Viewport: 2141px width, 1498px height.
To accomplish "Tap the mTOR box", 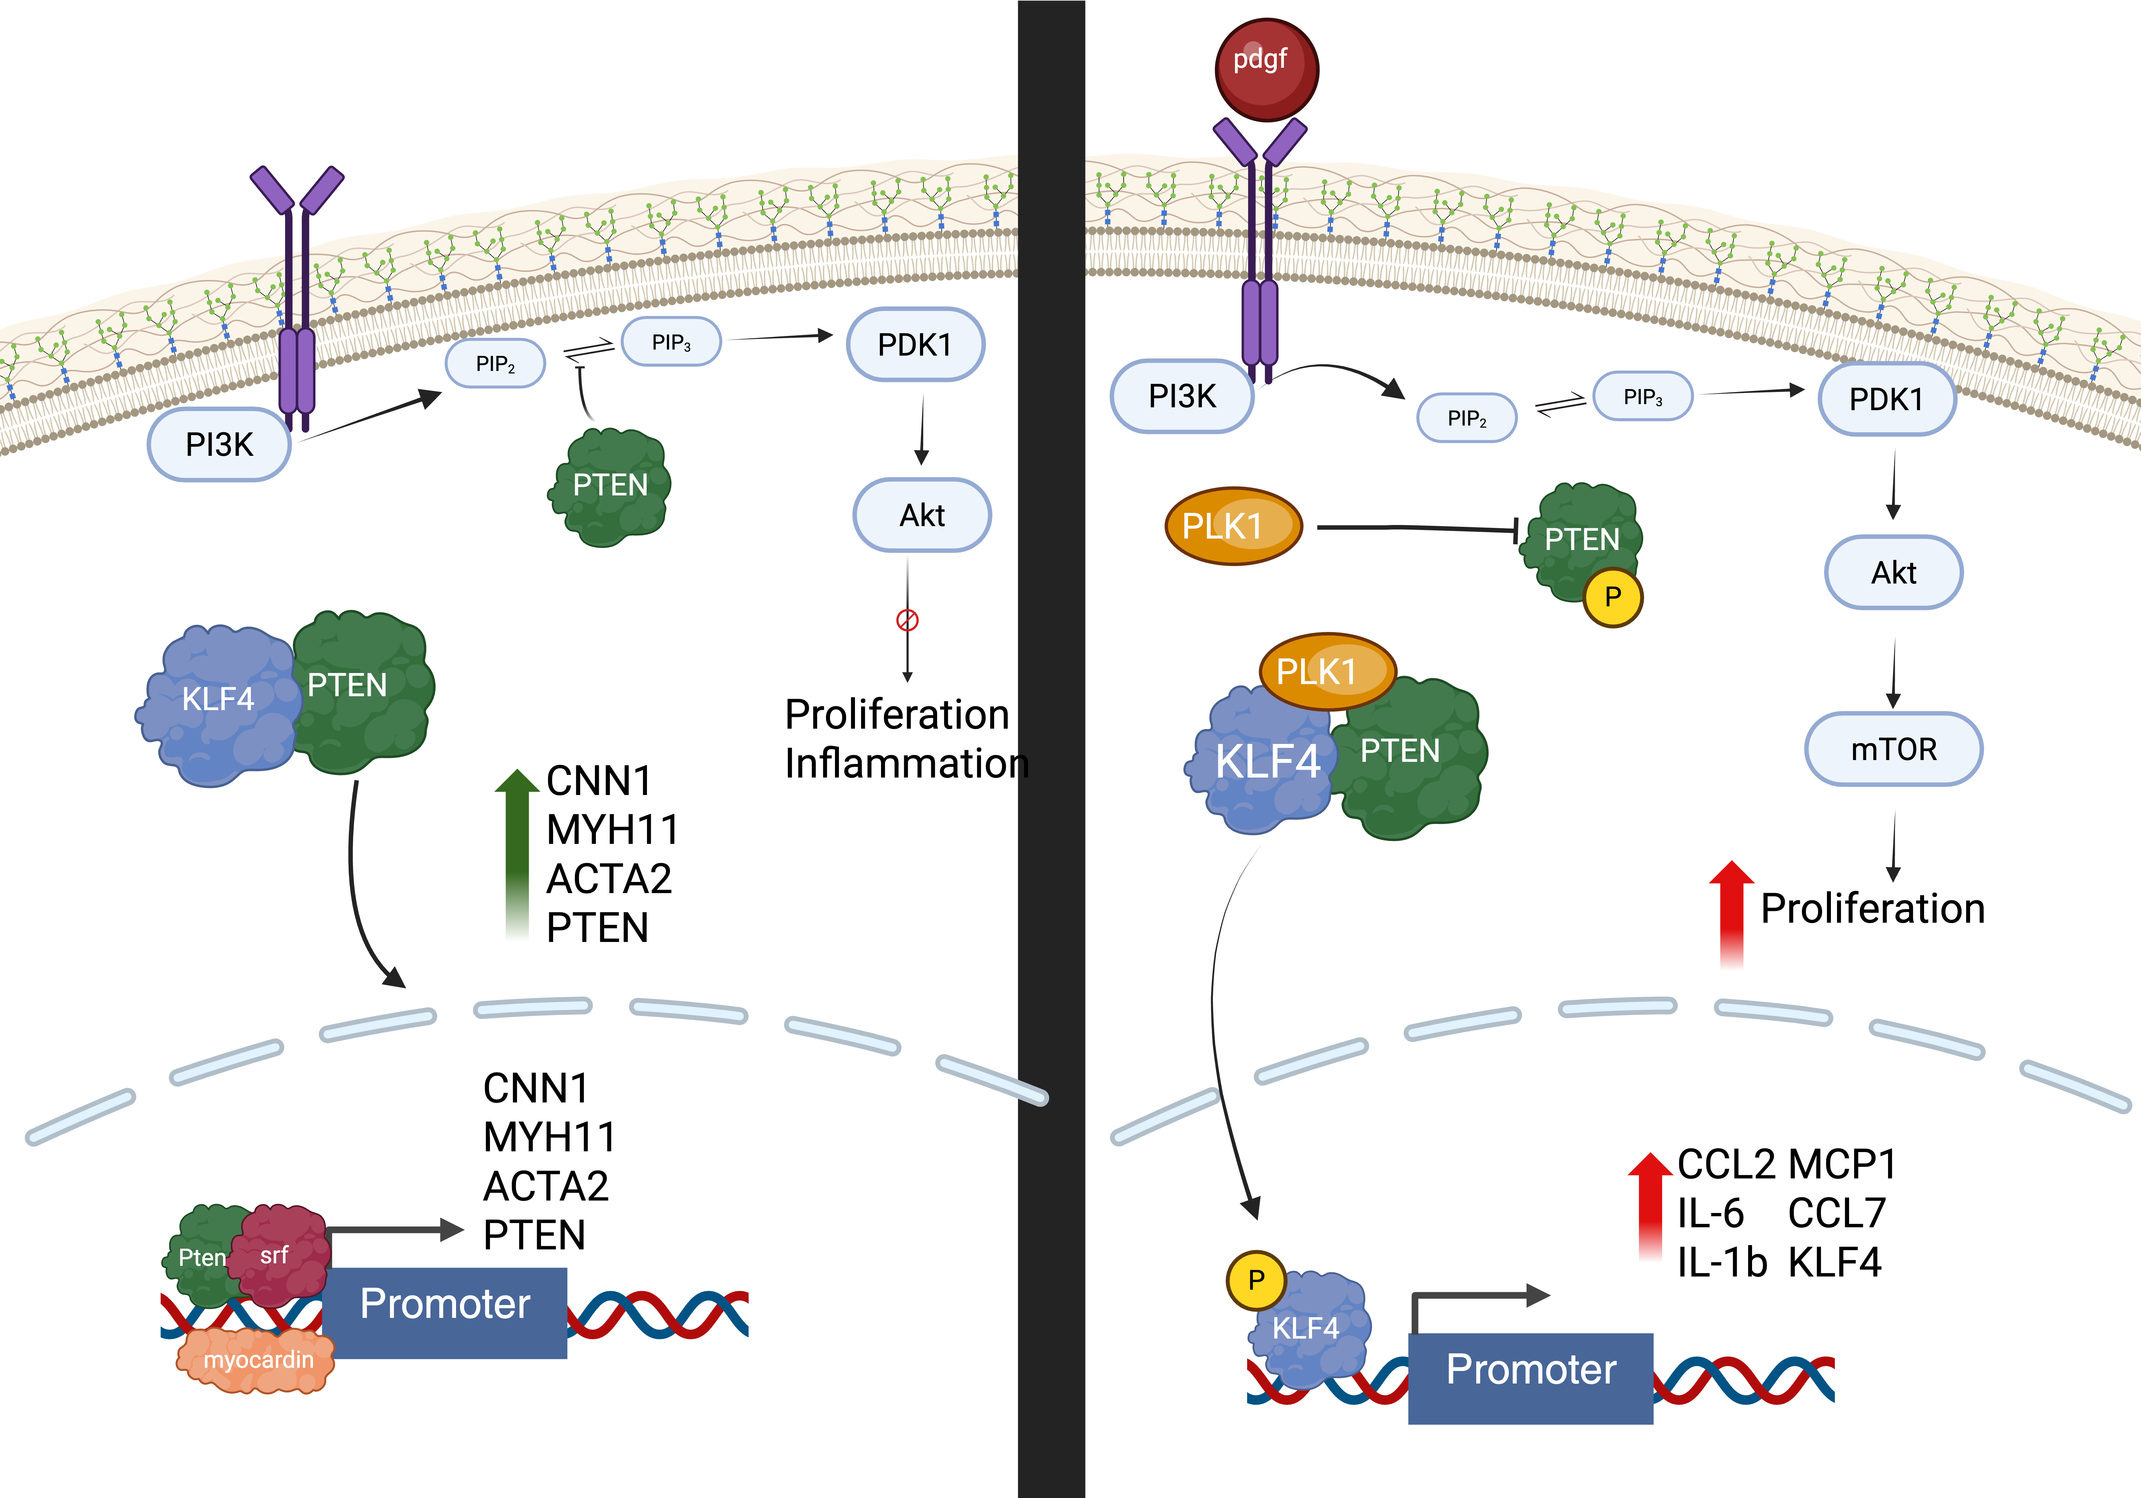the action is coord(1894,749).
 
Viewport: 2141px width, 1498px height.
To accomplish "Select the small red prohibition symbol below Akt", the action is coord(907,620).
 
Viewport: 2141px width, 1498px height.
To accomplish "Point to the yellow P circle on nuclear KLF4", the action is coord(1256,1280).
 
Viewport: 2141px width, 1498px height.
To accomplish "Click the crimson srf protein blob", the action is coord(280,1255).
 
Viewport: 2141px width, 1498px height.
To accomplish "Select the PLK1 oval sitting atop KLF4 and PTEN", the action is coord(1328,671).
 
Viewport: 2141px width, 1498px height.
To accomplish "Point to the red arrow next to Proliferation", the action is coord(1732,913).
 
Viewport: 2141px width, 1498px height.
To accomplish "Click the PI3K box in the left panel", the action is coord(219,445).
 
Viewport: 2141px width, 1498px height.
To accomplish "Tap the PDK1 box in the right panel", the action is coord(1887,399).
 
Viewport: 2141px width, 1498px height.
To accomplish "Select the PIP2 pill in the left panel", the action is coord(495,363).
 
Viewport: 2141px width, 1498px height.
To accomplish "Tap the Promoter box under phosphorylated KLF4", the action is coord(1530,1378).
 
